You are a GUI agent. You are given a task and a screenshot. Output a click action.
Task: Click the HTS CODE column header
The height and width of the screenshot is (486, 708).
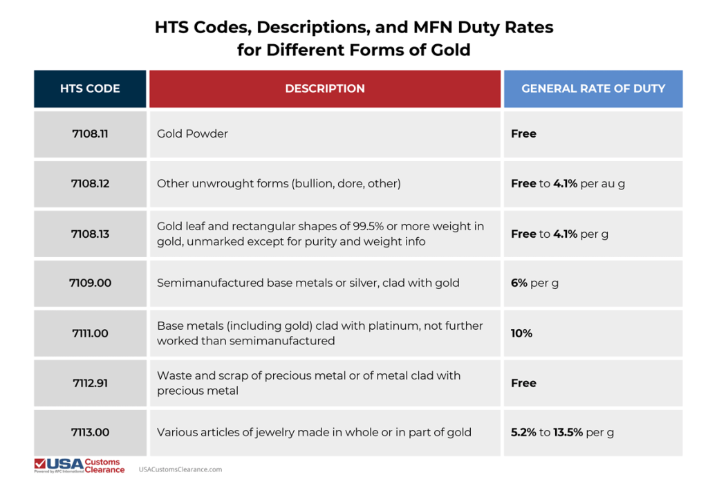(90, 88)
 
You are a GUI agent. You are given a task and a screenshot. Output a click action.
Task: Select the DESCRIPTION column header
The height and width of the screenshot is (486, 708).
(325, 88)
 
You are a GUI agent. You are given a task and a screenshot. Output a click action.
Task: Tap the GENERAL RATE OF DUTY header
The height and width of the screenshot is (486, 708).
(593, 88)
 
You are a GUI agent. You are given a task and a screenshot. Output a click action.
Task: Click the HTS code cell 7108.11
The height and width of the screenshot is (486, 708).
(90, 133)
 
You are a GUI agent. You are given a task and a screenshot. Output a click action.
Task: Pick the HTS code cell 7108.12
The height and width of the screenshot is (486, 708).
(90, 184)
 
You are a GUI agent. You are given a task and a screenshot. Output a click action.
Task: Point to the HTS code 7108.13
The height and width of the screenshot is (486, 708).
(90, 234)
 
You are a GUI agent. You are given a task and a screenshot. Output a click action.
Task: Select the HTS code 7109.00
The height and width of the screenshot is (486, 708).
(90, 283)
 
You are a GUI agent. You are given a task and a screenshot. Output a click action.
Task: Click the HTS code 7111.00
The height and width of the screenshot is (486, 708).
(90, 333)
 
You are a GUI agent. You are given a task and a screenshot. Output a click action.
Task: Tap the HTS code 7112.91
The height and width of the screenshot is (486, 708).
(90, 383)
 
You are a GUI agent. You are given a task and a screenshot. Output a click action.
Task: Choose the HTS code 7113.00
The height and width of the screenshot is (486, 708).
(90, 432)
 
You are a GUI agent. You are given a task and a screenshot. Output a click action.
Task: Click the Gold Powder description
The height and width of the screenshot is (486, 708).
(192, 133)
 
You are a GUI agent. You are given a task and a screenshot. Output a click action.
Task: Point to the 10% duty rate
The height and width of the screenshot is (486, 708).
(522, 333)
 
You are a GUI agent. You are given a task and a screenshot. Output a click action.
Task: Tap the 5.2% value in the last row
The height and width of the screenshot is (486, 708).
(523, 432)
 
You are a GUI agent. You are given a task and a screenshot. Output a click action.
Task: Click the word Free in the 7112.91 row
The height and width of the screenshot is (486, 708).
(523, 383)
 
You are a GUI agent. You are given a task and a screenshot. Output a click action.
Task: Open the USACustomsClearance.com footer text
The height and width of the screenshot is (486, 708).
(180, 469)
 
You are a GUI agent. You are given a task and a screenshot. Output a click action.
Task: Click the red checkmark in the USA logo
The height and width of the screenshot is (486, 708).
(41, 463)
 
